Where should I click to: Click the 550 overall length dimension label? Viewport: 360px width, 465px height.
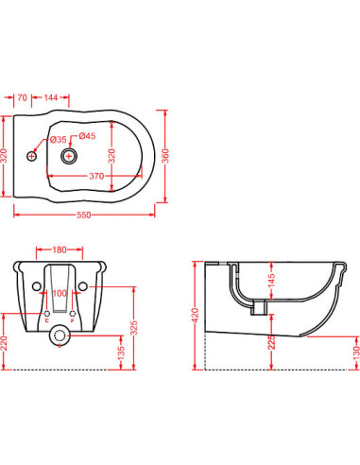(x=83, y=215)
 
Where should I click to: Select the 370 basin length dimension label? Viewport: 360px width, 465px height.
(x=96, y=176)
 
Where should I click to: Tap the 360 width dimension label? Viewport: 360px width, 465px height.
(x=165, y=156)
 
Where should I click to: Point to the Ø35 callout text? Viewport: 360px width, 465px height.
(x=58, y=139)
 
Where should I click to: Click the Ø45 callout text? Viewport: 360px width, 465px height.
(x=87, y=136)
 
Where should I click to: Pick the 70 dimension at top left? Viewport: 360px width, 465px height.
(x=22, y=97)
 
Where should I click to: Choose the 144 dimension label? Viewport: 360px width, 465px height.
(x=51, y=97)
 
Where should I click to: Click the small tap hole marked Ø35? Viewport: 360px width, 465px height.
(x=31, y=156)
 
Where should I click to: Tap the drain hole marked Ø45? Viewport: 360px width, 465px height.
(x=69, y=156)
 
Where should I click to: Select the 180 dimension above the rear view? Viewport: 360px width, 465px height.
(x=60, y=250)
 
